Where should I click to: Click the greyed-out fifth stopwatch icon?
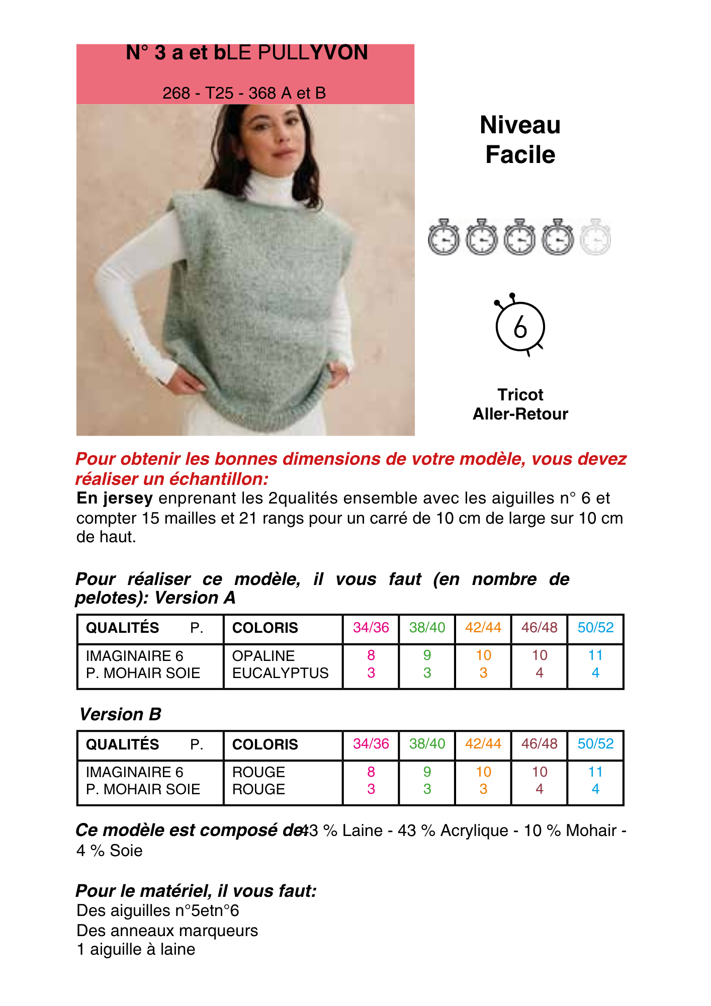point(595,237)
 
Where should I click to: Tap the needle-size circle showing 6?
point(520,326)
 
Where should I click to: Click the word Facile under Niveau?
point(520,154)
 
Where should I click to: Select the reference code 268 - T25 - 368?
point(244,93)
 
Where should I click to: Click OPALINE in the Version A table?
point(263,656)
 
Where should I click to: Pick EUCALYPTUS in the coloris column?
point(280,673)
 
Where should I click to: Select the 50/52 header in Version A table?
point(595,628)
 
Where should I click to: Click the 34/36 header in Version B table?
point(371,744)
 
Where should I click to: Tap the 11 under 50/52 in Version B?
point(595,772)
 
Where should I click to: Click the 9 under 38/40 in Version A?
point(427,655)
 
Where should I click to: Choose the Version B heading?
point(120,714)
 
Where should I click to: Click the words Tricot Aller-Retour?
point(520,404)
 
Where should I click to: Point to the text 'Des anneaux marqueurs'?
point(167,931)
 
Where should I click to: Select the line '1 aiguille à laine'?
point(136,950)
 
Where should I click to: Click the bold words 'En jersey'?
point(115,498)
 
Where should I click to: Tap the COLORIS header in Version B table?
point(265,744)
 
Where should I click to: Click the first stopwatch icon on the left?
point(443,237)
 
